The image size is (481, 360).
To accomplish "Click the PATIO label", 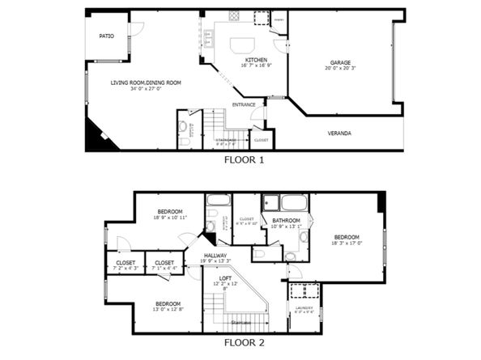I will pyautogui.click(x=106, y=36).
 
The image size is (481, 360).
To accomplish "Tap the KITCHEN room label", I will pyautogui.click(x=256, y=60).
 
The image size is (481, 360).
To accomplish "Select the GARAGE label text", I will pyautogui.click(x=339, y=62).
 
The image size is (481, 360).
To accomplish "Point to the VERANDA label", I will pyautogui.click(x=339, y=133).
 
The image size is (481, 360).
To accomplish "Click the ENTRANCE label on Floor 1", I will pyautogui.click(x=244, y=104).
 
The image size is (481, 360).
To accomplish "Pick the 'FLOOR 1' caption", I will pyautogui.click(x=244, y=160).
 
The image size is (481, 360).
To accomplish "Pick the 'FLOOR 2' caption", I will pyautogui.click(x=244, y=342).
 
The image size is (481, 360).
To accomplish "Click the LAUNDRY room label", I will pyautogui.click(x=304, y=308).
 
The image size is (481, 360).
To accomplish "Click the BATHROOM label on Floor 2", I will pyautogui.click(x=287, y=220).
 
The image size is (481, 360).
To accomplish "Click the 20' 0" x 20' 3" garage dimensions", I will pyautogui.click(x=339, y=69).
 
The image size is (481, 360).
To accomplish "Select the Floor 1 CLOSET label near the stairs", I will pyautogui.click(x=261, y=140).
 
